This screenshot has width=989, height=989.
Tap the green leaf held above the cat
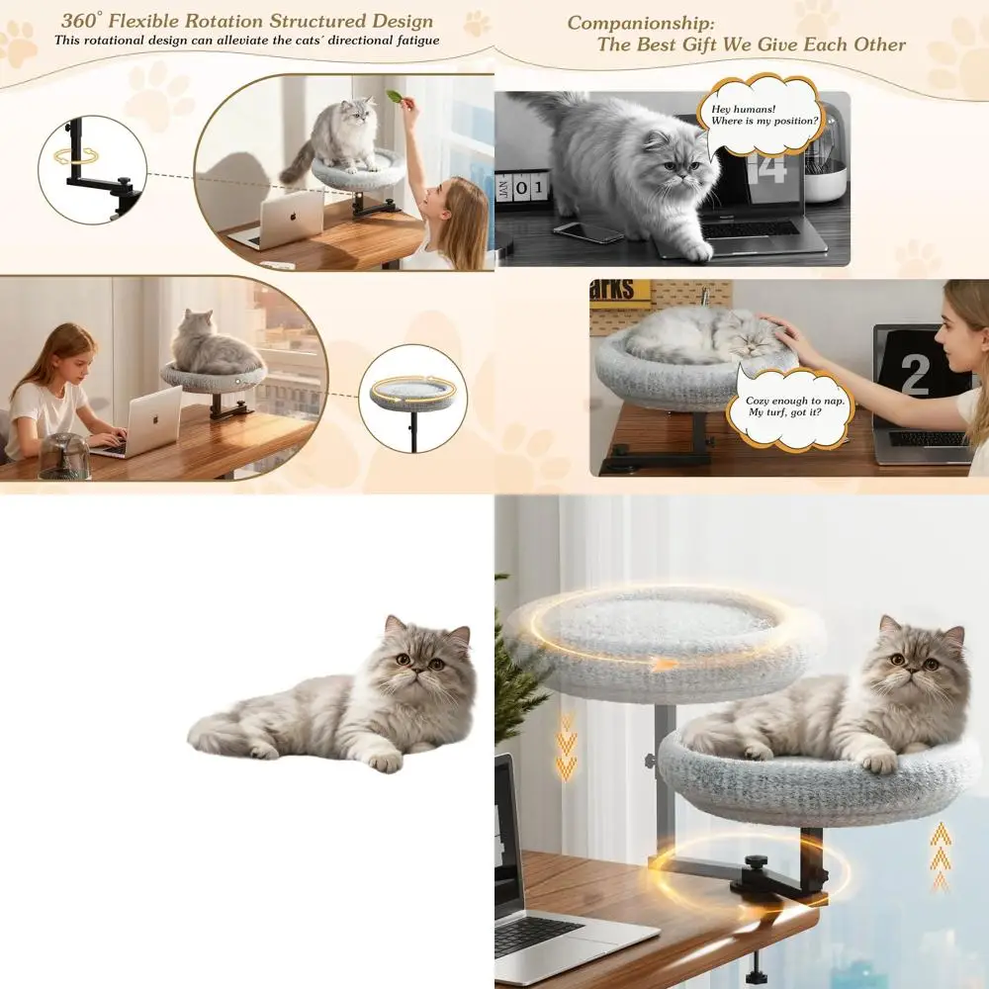(396, 97)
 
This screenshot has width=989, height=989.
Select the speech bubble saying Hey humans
(760, 114)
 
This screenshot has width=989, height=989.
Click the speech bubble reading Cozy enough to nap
(790, 406)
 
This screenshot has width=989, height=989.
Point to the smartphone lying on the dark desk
(588, 232)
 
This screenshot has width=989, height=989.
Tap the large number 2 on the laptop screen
(915, 374)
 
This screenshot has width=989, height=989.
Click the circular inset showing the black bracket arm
(92, 170)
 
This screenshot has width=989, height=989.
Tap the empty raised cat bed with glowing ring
(665, 640)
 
